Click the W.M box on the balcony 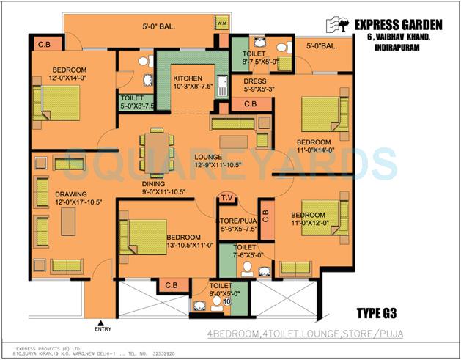(222, 24)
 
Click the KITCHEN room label (187, 78)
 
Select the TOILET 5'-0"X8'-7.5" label (136, 102)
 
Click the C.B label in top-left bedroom (44, 45)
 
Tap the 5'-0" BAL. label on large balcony (155, 30)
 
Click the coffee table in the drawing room (68, 221)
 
